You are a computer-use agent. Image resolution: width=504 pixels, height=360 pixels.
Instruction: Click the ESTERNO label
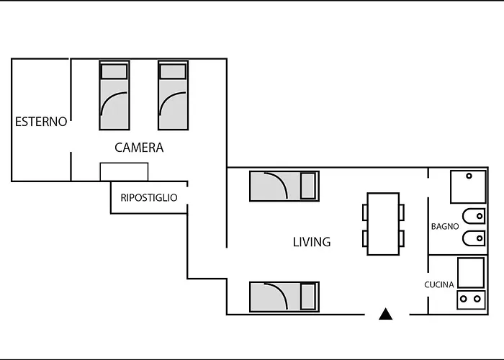(x=41, y=122)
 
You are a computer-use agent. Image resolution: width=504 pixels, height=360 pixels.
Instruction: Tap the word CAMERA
(x=139, y=148)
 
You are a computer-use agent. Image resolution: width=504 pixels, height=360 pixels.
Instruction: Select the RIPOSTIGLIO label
(x=149, y=197)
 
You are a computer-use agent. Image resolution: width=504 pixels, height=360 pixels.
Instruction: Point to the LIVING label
(x=312, y=242)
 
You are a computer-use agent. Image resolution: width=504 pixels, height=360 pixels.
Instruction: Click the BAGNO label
(x=445, y=226)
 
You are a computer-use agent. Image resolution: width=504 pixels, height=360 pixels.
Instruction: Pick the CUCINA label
(x=439, y=284)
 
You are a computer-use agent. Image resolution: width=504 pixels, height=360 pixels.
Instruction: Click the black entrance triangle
(x=386, y=314)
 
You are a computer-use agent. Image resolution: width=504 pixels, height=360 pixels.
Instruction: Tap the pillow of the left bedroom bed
(x=114, y=71)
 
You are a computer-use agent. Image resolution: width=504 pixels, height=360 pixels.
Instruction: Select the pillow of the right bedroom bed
(x=173, y=71)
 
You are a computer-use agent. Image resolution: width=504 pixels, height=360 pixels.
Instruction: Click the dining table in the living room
(x=383, y=224)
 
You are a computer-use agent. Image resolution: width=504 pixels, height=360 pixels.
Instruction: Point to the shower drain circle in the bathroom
(x=469, y=176)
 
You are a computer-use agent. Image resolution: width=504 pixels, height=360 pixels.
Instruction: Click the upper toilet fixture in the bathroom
(x=474, y=216)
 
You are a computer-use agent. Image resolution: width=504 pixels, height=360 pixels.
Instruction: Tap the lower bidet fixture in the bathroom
(x=474, y=238)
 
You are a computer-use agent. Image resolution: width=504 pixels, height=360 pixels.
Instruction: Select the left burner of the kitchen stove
(x=463, y=299)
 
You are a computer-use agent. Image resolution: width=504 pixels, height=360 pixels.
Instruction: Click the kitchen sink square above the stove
(x=471, y=273)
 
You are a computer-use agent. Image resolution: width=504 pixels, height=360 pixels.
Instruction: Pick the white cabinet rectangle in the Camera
(x=124, y=172)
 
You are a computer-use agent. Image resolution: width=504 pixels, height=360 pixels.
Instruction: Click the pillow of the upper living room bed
(x=307, y=186)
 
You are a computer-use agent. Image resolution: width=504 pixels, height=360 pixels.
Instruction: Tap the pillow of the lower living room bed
(x=307, y=297)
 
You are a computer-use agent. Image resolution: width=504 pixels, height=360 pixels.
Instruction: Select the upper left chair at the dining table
(x=365, y=212)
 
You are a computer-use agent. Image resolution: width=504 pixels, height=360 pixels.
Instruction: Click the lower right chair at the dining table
(x=402, y=238)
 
